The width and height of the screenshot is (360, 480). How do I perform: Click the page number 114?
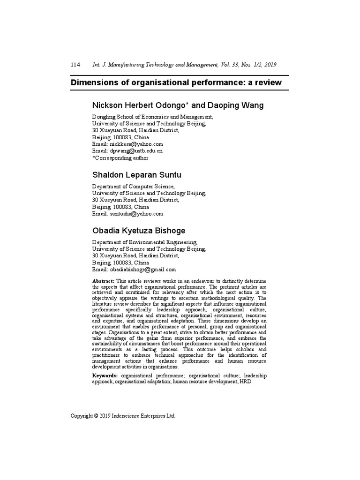click(75, 65)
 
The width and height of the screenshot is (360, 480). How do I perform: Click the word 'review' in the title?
click(268, 83)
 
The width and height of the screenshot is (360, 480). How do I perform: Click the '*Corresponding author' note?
click(120, 158)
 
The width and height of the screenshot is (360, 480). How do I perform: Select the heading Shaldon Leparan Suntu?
click(136, 175)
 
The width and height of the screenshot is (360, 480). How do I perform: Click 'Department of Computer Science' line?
click(133, 186)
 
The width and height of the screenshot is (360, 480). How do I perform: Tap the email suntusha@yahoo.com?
click(136, 214)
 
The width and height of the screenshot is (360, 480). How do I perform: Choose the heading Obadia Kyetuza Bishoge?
click(138, 231)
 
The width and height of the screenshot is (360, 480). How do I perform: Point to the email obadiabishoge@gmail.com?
click(143, 270)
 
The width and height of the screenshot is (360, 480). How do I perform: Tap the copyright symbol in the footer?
click(96, 416)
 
